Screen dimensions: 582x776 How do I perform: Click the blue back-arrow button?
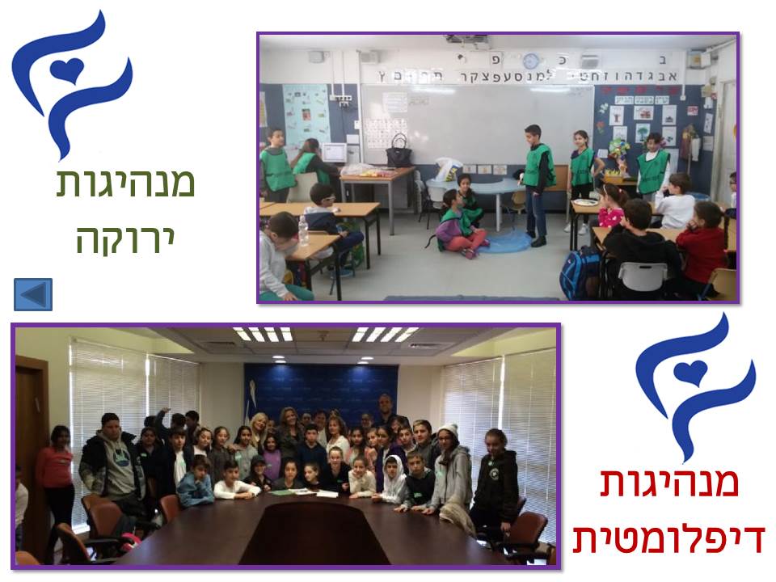(x=33, y=294)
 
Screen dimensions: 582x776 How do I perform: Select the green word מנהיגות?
(x=125, y=183)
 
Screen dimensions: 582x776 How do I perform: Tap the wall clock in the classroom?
(x=530, y=61)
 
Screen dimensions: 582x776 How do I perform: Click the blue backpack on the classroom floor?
(x=580, y=273)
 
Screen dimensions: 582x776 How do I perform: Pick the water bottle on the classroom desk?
(x=303, y=230)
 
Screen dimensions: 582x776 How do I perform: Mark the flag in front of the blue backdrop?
(x=256, y=404)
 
